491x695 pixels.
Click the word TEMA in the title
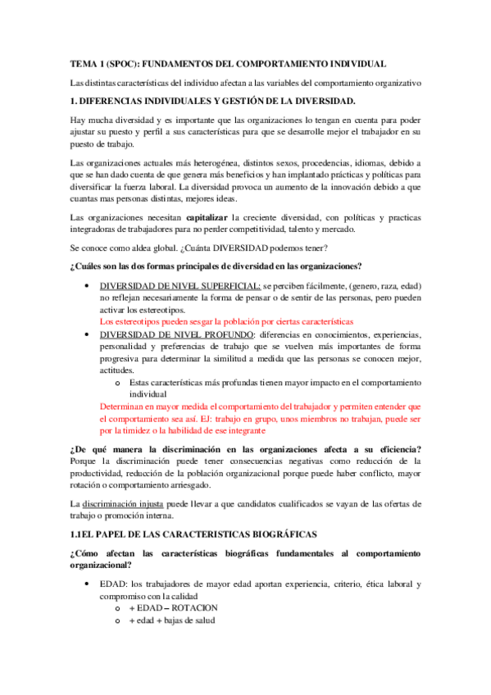click(x=82, y=64)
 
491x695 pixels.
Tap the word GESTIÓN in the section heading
click(x=238, y=101)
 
